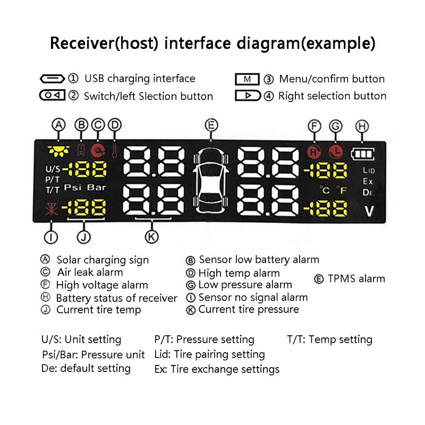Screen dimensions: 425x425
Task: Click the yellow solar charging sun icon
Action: pyautogui.click(x=55, y=151)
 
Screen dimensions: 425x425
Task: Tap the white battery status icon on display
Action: pyautogui.click(x=363, y=154)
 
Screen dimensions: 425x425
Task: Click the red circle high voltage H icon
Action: pyautogui.click(x=314, y=152)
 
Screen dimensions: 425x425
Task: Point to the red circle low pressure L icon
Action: pyautogui.click(x=335, y=152)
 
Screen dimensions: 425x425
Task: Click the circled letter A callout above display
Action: pyautogui.click(x=58, y=125)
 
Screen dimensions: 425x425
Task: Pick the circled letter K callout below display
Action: pyautogui.click(x=152, y=236)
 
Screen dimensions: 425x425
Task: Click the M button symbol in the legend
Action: pyautogui.click(x=247, y=79)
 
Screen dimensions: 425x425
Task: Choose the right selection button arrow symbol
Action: pyautogui.click(x=248, y=96)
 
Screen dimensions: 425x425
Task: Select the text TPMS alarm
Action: pyautogui.click(x=356, y=279)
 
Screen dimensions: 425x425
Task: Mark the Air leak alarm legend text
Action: pyautogui.click(x=89, y=272)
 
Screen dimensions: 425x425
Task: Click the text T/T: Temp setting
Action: pyautogui.click(x=329, y=339)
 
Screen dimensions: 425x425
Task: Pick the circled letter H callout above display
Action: pyautogui.click(x=362, y=126)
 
